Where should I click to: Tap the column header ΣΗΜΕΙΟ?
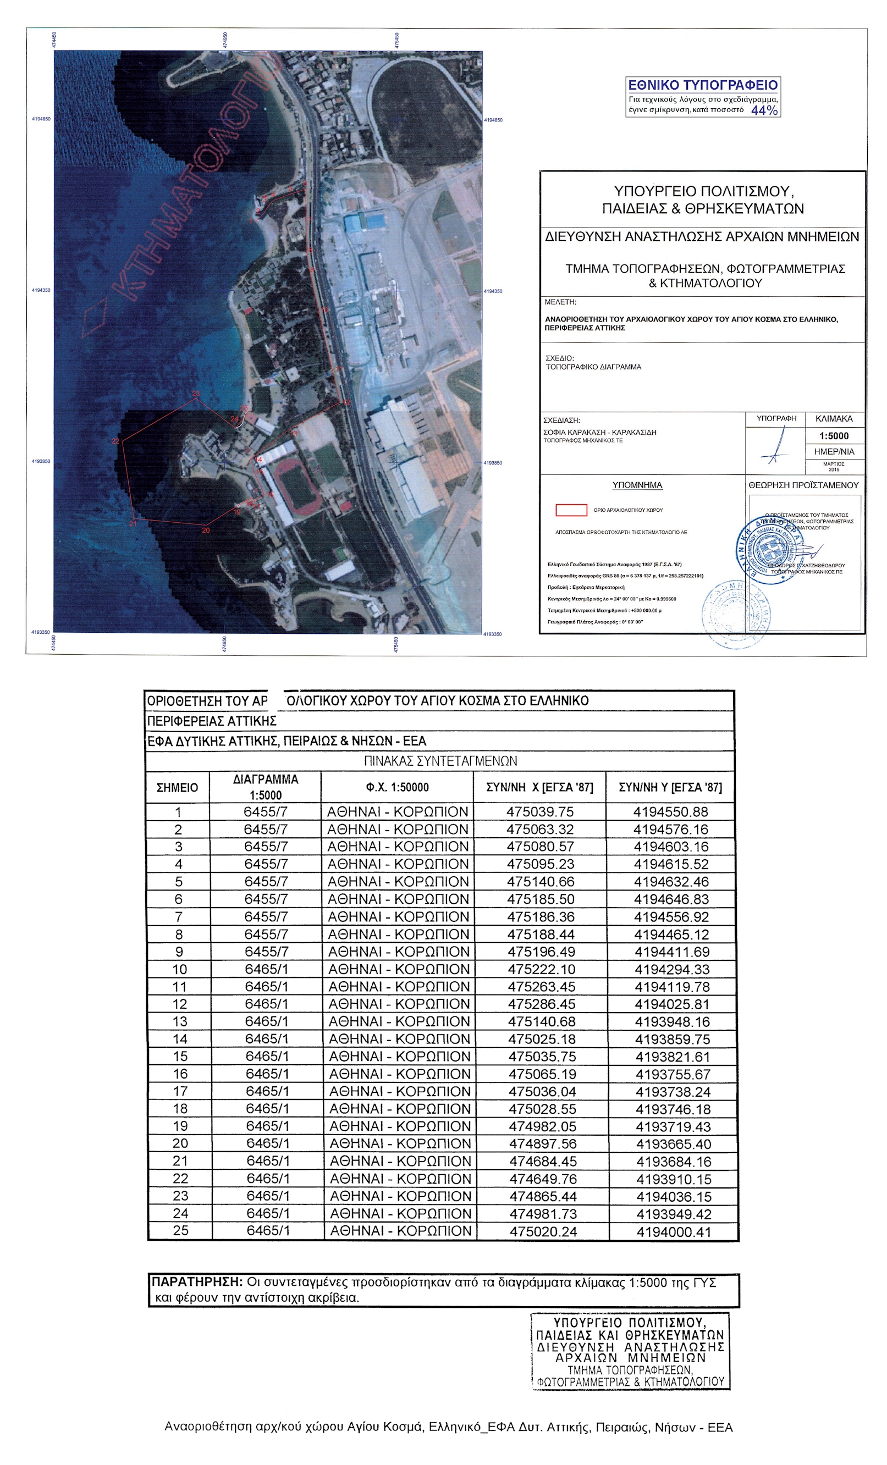[x=177, y=787]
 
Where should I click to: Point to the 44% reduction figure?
[x=764, y=110]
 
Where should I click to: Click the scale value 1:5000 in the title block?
[x=834, y=435]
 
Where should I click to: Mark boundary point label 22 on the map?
[x=115, y=441]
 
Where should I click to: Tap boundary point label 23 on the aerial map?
[x=196, y=393]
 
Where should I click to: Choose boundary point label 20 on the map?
[x=206, y=530]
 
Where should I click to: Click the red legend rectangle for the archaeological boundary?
[x=570, y=510]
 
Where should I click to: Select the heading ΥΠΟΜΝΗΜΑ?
[x=637, y=485]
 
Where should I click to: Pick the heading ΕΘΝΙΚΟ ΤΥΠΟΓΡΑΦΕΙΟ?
[x=703, y=85]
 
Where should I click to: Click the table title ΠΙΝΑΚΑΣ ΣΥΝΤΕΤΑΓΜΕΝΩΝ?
[x=440, y=760]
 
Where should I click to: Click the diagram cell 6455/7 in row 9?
[x=266, y=952]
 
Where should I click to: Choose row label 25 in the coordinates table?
[x=180, y=1230]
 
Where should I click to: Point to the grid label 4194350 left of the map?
[x=41, y=290]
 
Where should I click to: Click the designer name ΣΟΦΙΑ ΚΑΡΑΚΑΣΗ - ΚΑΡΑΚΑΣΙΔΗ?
[x=599, y=432]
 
